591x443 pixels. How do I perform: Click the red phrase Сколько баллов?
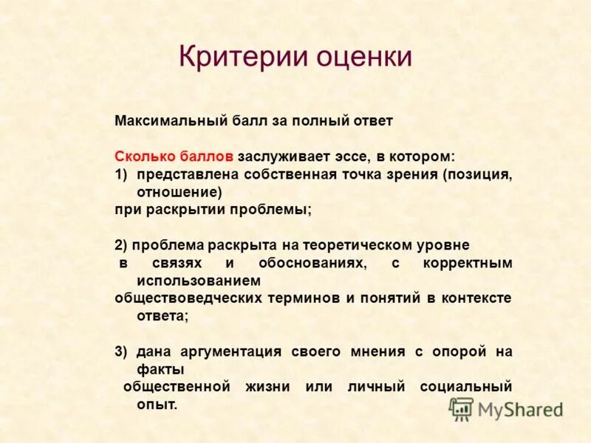pos(174,157)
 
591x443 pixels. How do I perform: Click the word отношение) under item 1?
pos(180,192)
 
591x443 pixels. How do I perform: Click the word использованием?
pos(199,281)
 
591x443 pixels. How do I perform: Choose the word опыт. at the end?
pos(157,405)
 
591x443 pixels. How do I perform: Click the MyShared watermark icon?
pos(462,409)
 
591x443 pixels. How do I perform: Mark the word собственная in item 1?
pos(295,174)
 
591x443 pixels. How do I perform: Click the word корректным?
pos(468,263)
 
